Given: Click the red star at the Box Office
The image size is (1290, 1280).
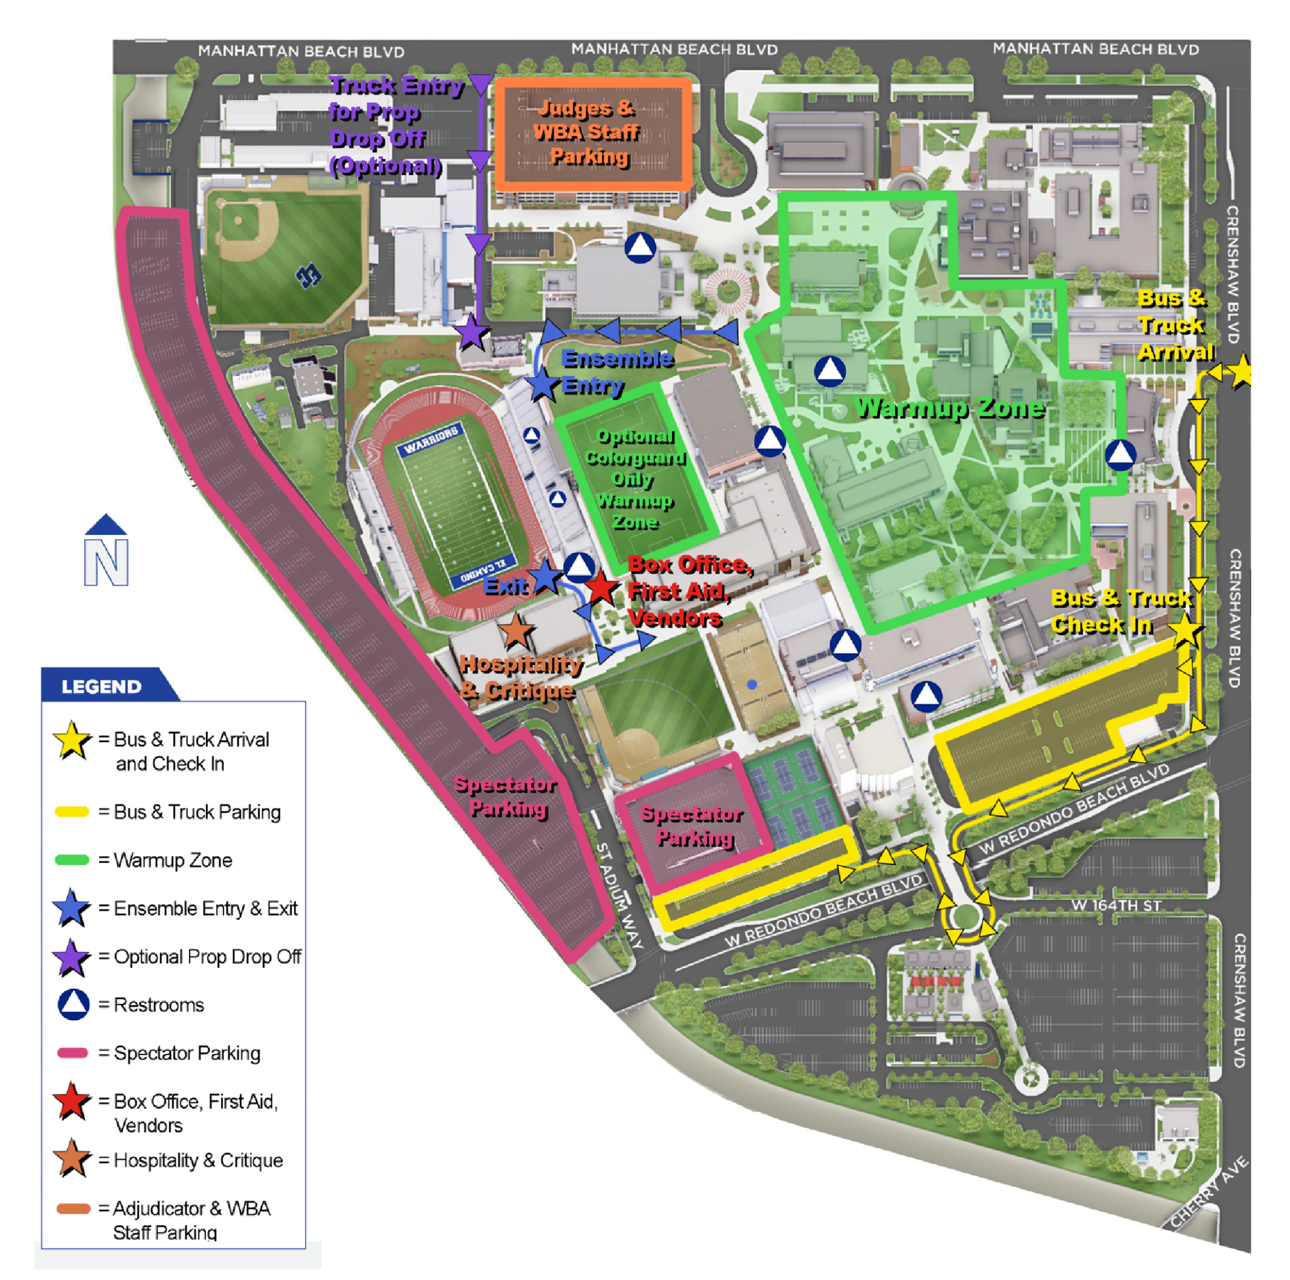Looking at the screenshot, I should (600, 588).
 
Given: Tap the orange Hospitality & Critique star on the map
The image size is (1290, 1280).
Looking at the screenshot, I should (515, 631).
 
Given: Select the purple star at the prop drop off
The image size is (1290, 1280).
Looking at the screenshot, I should (471, 333).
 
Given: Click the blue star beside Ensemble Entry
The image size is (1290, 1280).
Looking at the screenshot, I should (542, 385).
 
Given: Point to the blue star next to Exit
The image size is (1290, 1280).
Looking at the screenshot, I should (545, 577).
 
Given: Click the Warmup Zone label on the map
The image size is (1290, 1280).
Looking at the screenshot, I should (949, 408).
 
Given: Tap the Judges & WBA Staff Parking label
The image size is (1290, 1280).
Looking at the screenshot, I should (588, 132).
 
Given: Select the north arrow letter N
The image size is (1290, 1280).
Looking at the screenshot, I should (106, 563).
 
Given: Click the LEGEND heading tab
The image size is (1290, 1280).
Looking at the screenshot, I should (102, 687).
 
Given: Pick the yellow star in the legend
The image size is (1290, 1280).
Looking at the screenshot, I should (71, 741).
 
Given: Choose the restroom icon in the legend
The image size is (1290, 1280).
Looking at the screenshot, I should (74, 1004).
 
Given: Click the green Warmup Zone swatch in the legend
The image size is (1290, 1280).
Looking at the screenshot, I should (72, 860).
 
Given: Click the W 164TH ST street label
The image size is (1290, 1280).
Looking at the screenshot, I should (1116, 905).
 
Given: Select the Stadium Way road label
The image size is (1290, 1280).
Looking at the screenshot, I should (619, 894).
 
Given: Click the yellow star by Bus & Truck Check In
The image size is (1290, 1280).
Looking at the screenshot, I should (1186, 630).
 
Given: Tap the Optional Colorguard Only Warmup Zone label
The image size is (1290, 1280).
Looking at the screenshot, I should (635, 479).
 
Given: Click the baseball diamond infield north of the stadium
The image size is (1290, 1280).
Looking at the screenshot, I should (243, 227).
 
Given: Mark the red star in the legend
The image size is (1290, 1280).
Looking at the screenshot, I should (71, 1102).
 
